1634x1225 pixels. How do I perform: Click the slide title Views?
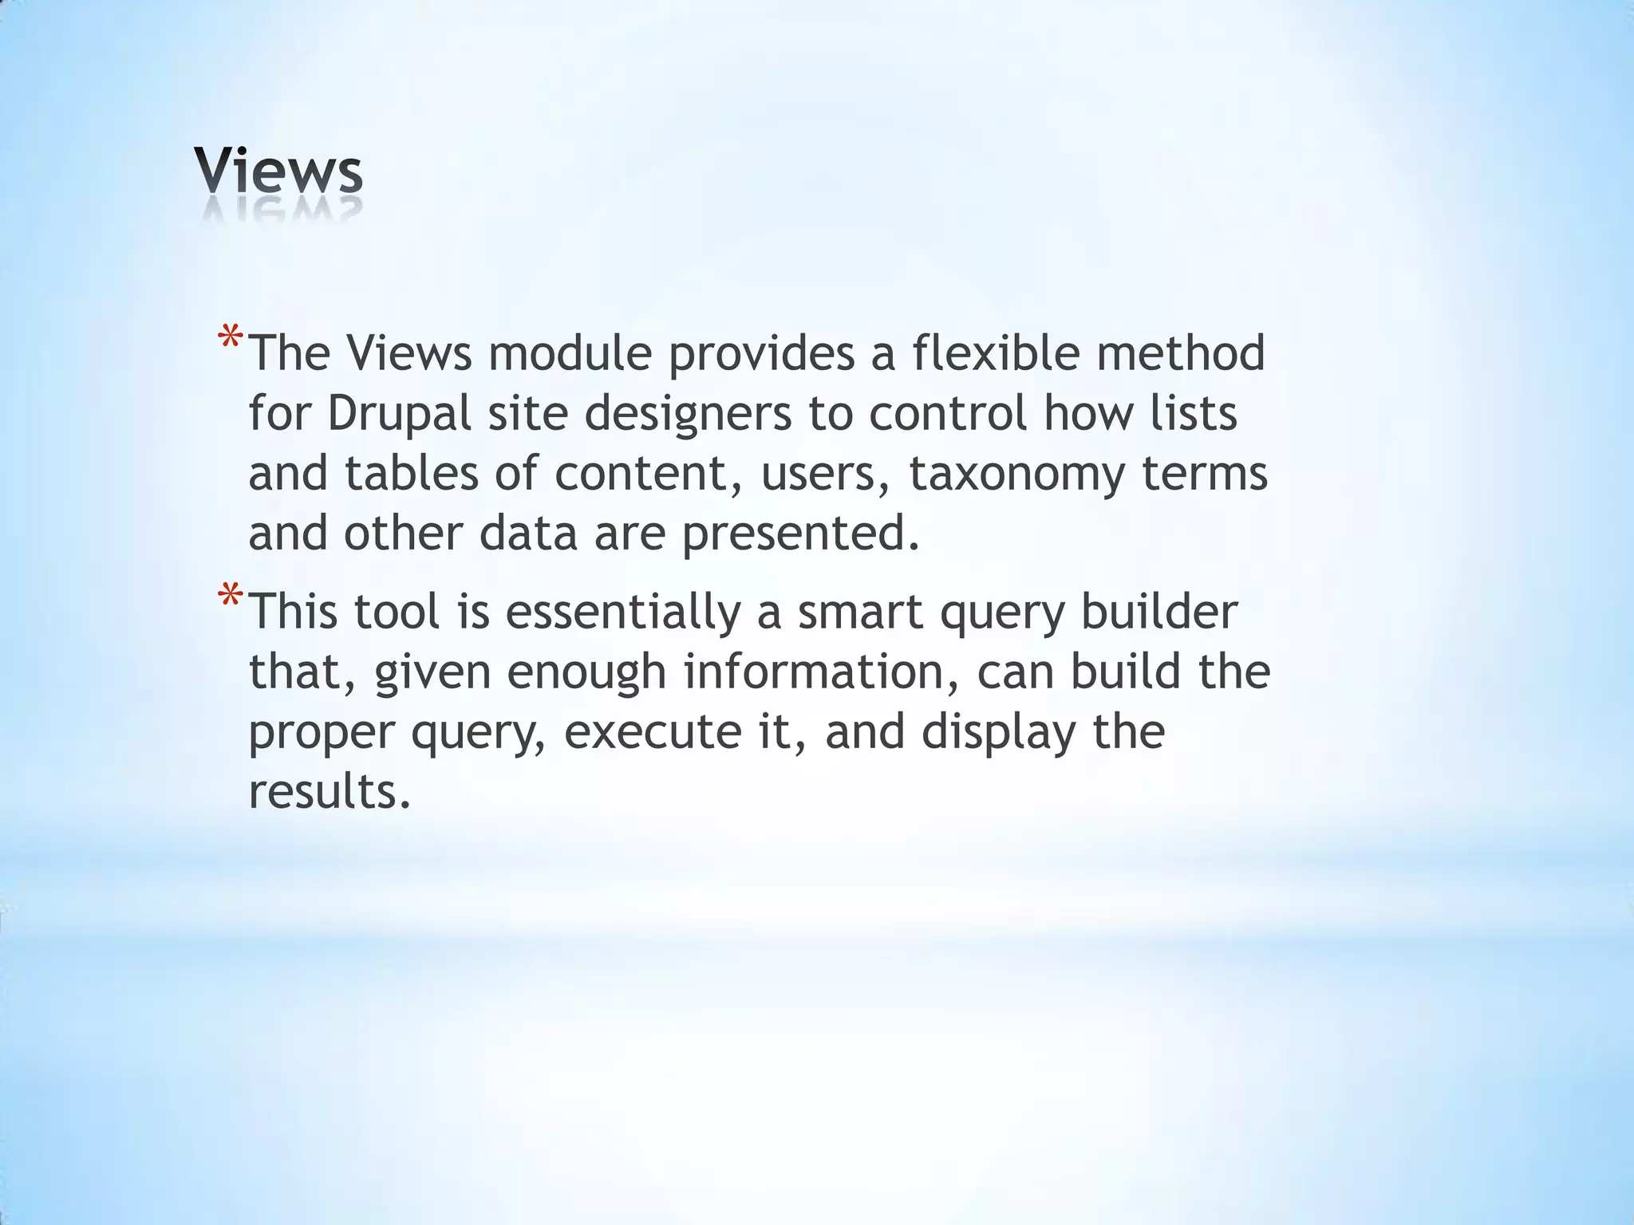[x=278, y=171]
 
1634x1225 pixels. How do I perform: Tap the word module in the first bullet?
[x=570, y=353]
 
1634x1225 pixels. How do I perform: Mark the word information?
[x=822, y=672]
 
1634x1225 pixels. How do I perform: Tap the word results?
[x=329, y=792]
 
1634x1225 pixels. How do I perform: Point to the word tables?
[x=411, y=474]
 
